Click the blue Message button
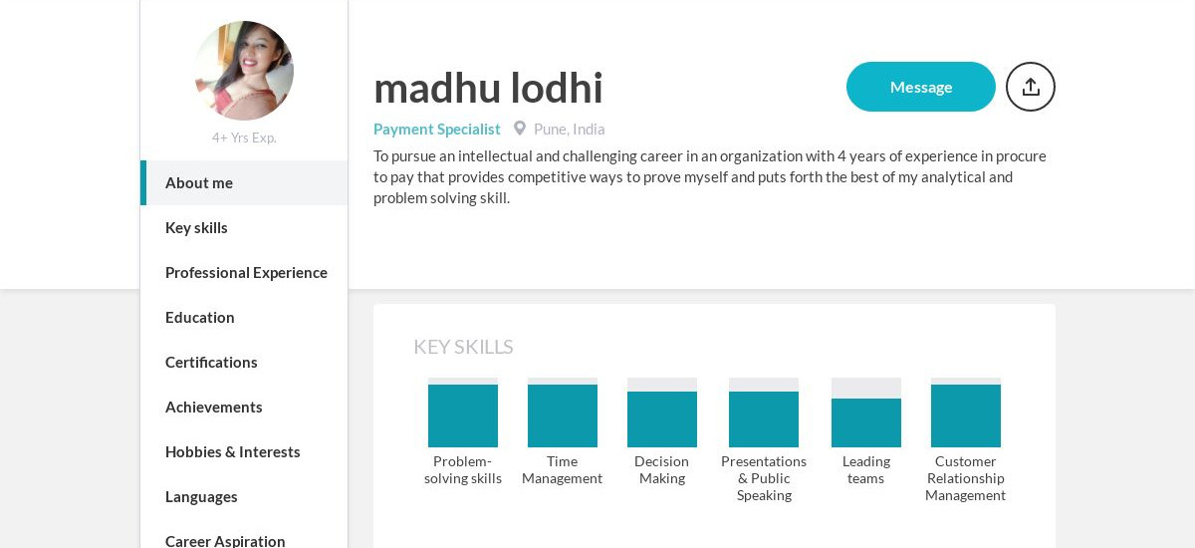[920, 87]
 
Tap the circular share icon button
[1030, 87]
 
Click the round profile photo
[244, 71]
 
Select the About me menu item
[199, 182]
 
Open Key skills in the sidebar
[196, 227]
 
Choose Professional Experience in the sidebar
[246, 272]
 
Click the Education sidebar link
[200, 317]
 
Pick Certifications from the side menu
[211, 362]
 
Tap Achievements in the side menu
[214, 407]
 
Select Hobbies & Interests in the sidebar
[232, 451]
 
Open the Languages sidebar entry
[201, 496]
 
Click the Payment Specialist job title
[437, 129]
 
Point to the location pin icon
[519, 129]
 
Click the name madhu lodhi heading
[488, 88]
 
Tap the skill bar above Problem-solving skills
[463, 413]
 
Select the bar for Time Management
[563, 413]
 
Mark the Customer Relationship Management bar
[966, 413]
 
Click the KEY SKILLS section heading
[463, 347]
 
